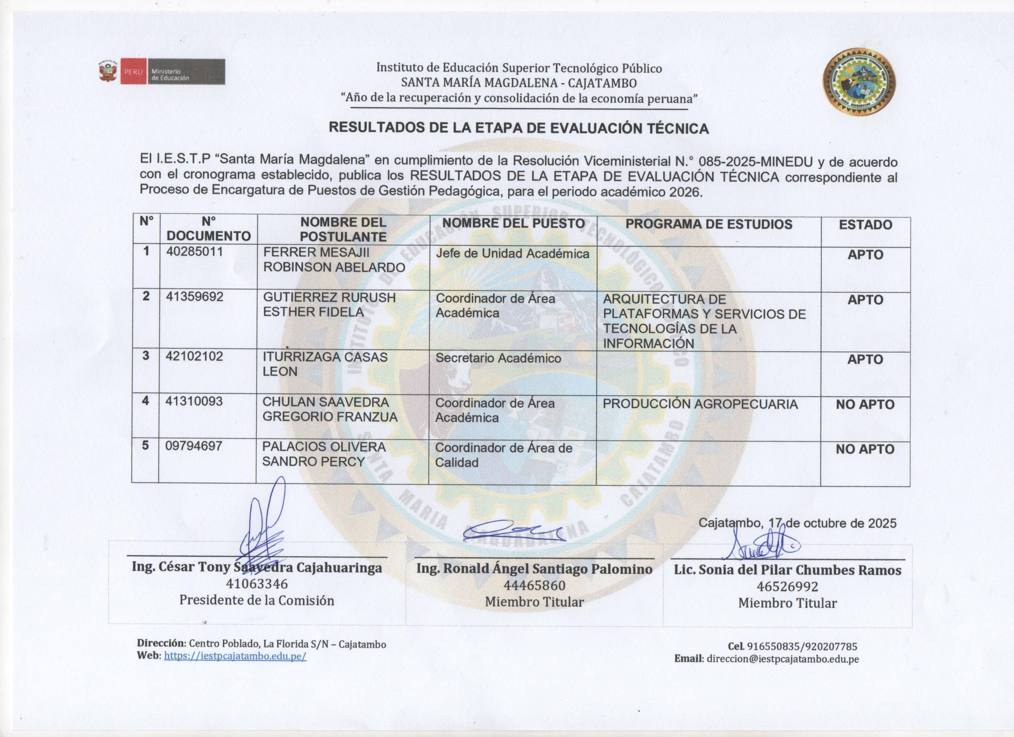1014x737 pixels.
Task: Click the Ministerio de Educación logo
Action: [162, 72]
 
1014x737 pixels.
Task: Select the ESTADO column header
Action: [865, 225]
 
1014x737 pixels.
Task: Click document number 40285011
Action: [194, 252]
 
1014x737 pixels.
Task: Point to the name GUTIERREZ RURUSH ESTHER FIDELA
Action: [329, 305]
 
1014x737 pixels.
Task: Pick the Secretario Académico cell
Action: [498, 358]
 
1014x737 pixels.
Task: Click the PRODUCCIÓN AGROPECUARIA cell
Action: [700, 404]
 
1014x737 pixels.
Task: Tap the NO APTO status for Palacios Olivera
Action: [865, 449]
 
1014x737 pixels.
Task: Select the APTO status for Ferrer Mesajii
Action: [865, 255]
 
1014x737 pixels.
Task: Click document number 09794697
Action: [194, 446]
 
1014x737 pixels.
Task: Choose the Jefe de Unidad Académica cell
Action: [513, 254]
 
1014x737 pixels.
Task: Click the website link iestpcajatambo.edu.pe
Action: [235, 656]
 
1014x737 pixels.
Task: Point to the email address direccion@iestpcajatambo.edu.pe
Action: [782, 659]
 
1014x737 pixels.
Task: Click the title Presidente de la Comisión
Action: [257, 600]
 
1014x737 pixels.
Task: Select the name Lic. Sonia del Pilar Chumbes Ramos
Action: [787, 570]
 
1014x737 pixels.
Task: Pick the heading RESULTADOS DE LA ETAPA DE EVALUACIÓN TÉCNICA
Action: [518, 128]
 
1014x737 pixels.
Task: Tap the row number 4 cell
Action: [145, 401]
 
